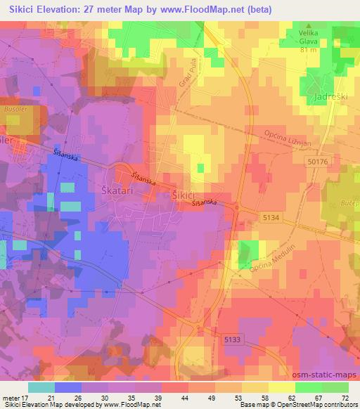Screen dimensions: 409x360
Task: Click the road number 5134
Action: (x=272, y=217)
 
